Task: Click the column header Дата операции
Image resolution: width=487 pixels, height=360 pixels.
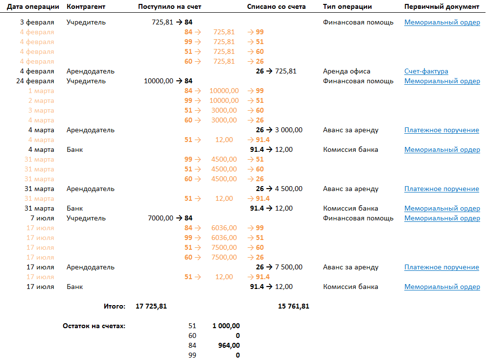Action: tap(33, 7)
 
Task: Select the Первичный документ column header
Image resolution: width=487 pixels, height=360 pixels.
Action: tap(442, 7)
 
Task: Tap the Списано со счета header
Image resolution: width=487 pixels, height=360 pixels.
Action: tap(277, 7)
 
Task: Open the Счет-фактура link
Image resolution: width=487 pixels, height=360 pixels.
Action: tap(426, 72)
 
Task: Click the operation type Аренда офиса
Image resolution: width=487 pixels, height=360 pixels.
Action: tap(347, 72)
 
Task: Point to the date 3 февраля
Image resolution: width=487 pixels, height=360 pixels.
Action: tap(37, 23)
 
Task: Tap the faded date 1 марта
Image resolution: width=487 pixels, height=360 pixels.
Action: tap(41, 91)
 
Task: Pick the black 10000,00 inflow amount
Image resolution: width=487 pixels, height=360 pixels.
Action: tap(159, 81)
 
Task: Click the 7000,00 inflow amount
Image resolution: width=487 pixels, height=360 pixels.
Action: tap(160, 218)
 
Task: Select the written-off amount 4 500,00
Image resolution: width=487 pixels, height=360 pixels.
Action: tap(289, 189)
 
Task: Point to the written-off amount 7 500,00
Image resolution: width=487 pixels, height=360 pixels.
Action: tap(289, 267)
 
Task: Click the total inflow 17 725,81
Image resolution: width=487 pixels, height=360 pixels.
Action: tap(151, 307)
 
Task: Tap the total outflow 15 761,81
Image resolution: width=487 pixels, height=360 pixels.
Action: tap(294, 307)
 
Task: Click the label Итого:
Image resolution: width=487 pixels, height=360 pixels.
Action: tap(115, 307)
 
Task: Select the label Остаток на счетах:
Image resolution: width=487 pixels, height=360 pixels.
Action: tap(94, 326)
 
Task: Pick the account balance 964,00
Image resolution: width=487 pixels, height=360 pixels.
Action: tap(229, 345)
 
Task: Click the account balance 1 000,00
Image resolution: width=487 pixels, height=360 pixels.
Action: tap(226, 326)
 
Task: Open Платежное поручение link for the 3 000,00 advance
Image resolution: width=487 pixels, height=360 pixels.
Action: tap(441, 130)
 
